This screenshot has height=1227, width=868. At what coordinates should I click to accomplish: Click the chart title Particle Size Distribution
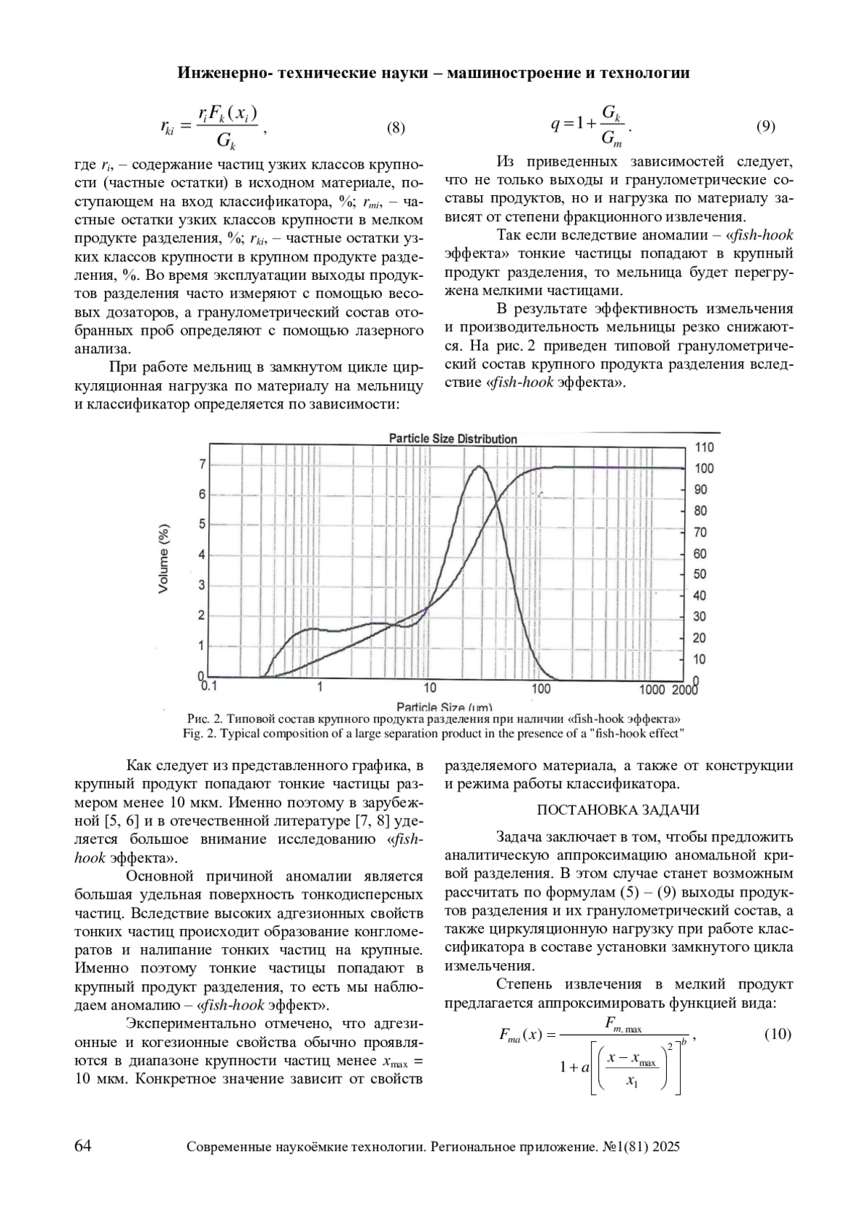click(453, 439)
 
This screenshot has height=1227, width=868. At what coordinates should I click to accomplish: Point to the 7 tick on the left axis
click(203, 464)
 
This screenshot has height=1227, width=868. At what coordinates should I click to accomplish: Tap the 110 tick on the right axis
click(704, 448)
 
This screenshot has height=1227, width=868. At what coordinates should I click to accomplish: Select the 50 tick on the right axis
click(700, 575)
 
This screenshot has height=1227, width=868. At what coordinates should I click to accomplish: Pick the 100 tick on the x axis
click(541, 689)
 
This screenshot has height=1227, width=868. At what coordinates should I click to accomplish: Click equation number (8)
click(396, 129)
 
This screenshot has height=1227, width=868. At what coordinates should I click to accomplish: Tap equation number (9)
click(766, 127)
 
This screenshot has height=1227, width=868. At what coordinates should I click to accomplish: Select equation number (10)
click(778, 1035)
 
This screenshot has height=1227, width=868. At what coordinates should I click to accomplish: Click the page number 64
click(83, 1146)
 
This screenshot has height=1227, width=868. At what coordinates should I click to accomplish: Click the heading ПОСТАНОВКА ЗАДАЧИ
click(618, 810)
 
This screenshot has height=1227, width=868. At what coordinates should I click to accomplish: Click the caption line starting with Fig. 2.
click(433, 733)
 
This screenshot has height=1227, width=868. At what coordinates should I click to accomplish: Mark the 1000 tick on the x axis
click(651, 689)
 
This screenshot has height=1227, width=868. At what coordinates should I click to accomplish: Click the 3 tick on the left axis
click(203, 585)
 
